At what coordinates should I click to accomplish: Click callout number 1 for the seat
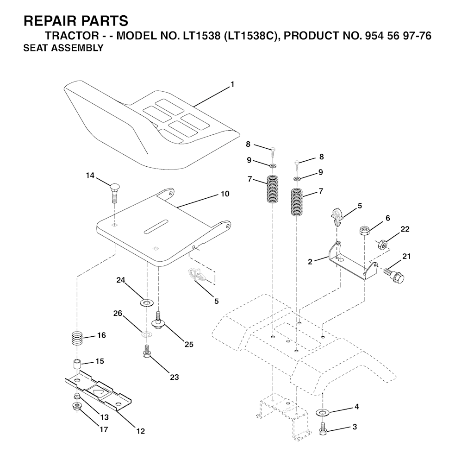pos(232,84)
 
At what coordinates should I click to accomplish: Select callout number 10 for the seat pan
pos(225,194)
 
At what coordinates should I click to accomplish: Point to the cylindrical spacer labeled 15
pos(77,364)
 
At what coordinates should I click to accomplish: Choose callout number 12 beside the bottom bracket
pos(141,431)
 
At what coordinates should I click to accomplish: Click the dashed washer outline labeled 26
pos(147,334)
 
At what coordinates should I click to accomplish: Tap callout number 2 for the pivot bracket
pos(310,261)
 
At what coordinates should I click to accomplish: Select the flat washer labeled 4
pos(323,412)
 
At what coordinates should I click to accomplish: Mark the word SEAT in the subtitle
pos(34,48)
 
